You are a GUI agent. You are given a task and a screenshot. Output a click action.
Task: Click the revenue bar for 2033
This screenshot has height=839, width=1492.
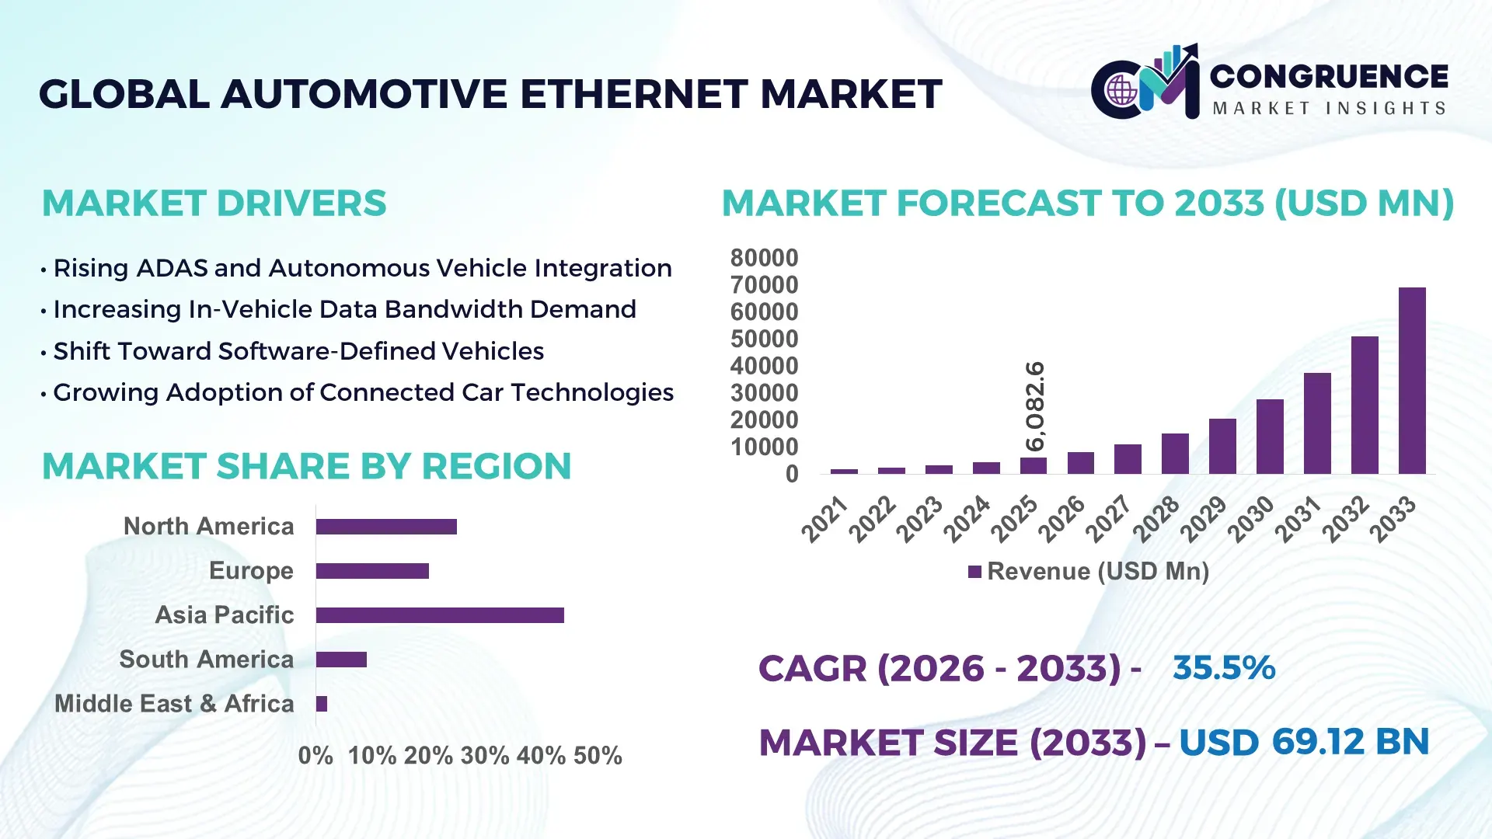coord(1412,381)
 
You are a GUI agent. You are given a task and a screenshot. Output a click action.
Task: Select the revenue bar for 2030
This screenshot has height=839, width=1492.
coord(1270,437)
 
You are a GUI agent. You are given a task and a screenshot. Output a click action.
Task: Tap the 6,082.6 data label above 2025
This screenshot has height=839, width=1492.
coord(1035,406)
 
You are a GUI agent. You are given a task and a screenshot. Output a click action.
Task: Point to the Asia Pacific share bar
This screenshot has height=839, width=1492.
coord(440,615)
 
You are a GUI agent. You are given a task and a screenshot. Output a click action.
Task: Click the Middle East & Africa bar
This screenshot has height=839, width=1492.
coord(322,704)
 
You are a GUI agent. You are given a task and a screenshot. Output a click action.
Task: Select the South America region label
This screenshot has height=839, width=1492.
coord(207,660)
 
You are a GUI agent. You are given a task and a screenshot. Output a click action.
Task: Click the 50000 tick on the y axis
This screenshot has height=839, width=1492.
coord(764,339)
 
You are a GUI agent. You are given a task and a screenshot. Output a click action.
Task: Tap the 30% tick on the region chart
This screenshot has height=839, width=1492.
coord(485,756)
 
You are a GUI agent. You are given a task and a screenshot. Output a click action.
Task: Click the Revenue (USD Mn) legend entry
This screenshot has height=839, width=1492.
coord(1089,572)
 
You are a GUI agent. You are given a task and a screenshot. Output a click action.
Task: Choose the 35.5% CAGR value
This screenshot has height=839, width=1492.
coord(1224,668)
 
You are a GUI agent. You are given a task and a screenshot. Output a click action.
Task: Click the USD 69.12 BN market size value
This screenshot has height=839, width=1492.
coord(1304,742)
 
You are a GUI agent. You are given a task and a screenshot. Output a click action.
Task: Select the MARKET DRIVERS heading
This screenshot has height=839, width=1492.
coord(214,204)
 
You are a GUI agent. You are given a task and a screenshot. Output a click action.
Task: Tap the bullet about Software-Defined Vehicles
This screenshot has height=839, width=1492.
coord(298,351)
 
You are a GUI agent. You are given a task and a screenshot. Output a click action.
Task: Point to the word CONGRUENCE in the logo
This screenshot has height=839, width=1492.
coord(1329,76)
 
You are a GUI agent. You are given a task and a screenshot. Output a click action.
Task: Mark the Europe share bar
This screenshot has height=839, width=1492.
coord(372,571)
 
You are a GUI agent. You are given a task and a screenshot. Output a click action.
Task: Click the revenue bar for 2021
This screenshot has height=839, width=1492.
coord(844,471)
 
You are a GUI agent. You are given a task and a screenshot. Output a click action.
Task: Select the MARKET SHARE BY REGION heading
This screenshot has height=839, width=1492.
coord(306,467)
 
